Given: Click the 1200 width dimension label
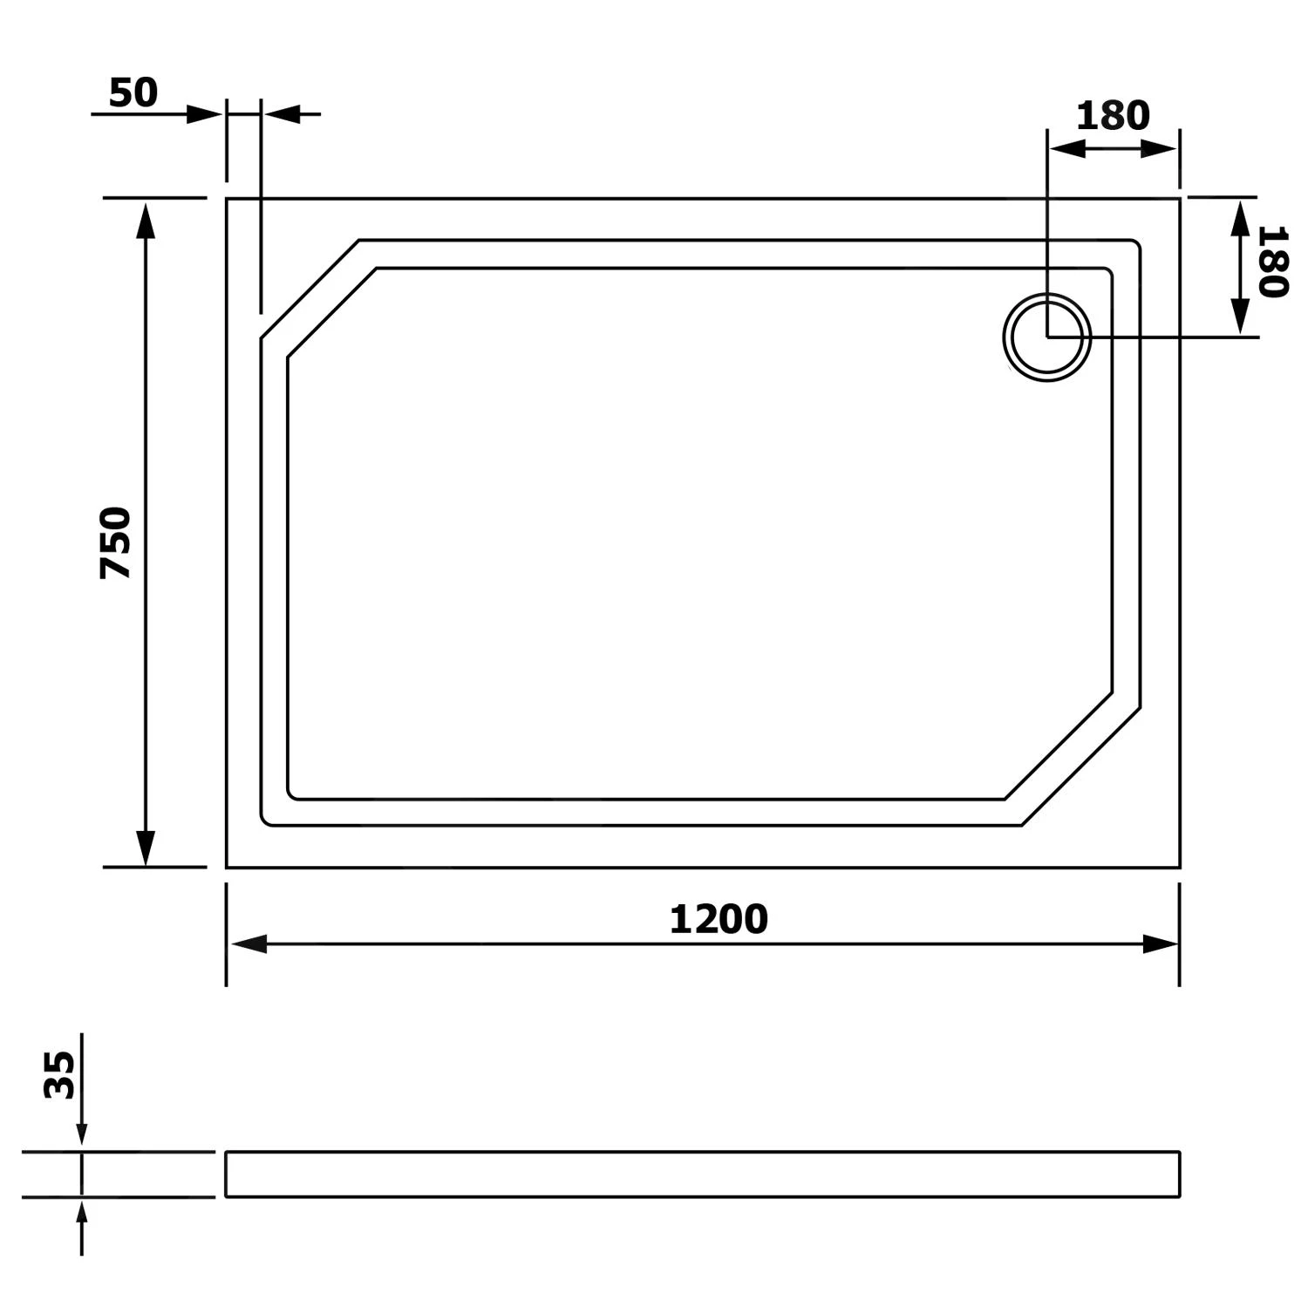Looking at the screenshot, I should [718, 919].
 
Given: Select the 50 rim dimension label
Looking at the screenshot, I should [133, 93].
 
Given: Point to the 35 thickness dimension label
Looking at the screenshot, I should [60, 1074].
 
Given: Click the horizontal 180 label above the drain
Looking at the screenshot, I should [1113, 116].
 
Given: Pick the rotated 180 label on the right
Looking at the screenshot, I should [1272, 262].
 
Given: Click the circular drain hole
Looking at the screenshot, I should [1046, 337].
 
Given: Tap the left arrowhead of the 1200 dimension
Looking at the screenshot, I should [249, 944].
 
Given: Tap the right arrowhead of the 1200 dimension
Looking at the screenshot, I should [1160, 944].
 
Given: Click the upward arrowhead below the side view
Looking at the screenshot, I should [82, 1214].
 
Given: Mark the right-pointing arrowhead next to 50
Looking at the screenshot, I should [205, 114].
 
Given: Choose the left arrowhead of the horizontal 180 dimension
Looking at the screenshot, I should [1066, 149].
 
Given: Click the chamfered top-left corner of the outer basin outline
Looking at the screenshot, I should [310, 289].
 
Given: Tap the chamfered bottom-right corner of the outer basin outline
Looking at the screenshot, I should [1081, 766].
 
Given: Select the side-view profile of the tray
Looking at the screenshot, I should [702, 1174].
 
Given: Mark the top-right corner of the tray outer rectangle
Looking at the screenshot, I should [1179, 199].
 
